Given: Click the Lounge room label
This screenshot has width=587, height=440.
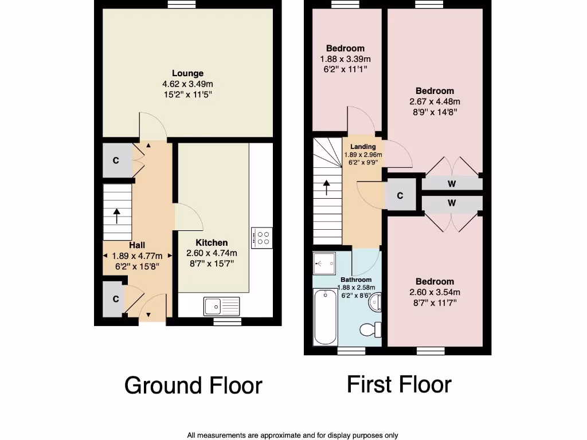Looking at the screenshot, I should tap(187, 73).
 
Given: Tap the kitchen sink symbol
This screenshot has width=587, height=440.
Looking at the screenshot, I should tap(221, 306).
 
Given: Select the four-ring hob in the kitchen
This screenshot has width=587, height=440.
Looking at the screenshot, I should tap(264, 237).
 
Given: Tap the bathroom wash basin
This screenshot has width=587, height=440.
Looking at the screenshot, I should tap(375, 302).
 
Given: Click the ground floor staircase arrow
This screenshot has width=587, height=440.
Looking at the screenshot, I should tap(117, 216).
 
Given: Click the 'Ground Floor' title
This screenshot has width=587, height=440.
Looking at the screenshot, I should tap(193, 386).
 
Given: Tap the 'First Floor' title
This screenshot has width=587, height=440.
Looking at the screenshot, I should tap(399, 384).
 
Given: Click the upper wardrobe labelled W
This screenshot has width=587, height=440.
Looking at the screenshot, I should tap(452, 184).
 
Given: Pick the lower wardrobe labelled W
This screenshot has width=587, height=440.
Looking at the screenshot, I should tap(452, 203).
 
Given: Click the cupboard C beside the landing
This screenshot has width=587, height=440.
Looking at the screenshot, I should tap(400, 196).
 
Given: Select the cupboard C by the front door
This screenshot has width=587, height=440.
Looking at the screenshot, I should tap(115, 298).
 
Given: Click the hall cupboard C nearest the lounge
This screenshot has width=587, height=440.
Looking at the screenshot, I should tap(115, 160).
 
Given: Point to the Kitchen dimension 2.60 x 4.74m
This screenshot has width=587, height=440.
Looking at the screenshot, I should tap(212, 253).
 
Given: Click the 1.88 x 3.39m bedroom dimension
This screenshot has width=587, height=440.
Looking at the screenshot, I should tap(345, 59).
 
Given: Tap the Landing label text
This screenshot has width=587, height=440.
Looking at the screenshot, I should tap(363, 147).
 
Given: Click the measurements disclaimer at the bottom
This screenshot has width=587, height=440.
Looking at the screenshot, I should tap(292, 435).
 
